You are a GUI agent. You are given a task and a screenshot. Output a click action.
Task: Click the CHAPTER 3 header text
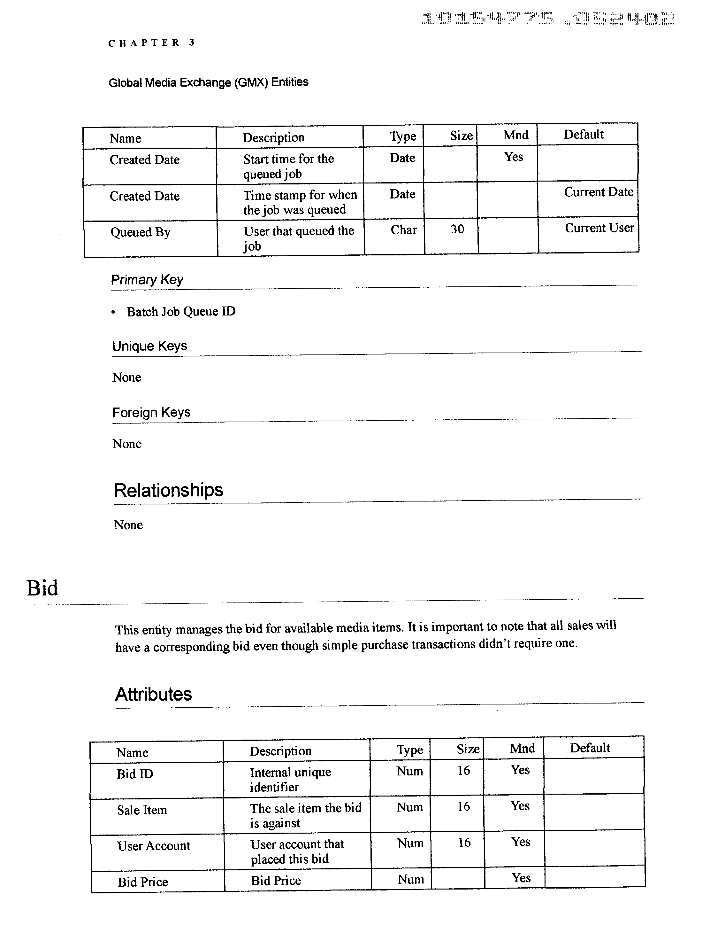click(152, 43)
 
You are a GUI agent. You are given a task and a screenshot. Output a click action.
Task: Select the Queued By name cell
click(141, 232)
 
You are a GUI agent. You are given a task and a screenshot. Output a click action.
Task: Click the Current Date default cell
click(598, 192)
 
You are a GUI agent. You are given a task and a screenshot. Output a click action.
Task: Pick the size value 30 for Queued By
click(457, 229)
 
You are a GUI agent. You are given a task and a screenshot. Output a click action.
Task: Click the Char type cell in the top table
click(403, 230)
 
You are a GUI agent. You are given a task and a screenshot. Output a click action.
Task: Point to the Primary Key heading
click(147, 280)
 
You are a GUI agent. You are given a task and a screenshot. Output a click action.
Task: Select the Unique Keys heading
click(149, 346)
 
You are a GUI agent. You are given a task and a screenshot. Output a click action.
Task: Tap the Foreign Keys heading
click(151, 413)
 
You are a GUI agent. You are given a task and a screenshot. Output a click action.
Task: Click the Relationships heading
click(168, 490)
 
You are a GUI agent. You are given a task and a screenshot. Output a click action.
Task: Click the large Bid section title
click(42, 588)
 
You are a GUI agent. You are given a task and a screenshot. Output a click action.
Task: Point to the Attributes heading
click(153, 694)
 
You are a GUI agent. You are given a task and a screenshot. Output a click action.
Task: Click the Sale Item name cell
click(142, 810)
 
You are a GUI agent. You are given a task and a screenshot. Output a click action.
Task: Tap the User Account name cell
click(153, 846)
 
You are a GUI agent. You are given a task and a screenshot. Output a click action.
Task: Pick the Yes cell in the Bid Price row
click(521, 878)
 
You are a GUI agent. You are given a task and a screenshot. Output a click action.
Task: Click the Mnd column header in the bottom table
click(522, 749)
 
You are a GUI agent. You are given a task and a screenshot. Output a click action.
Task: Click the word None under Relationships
click(128, 525)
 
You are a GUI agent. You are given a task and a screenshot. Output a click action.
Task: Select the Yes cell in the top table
click(513, 157)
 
